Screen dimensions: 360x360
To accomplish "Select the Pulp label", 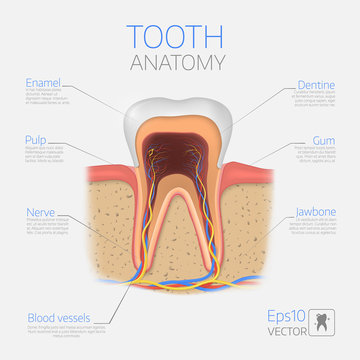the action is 34,139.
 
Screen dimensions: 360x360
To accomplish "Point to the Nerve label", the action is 37,212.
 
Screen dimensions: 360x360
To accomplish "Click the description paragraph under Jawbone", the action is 310,229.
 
